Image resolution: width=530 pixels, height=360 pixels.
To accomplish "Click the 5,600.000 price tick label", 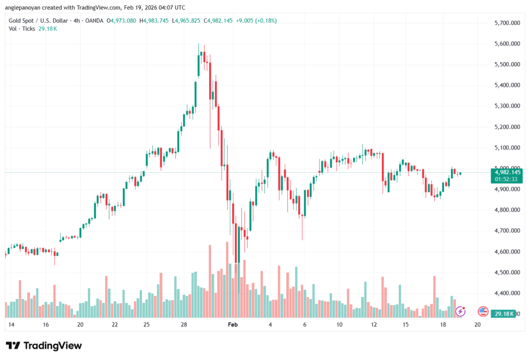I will [x=508, y=43].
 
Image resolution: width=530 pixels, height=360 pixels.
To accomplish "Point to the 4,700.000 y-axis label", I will [x=508, y=231].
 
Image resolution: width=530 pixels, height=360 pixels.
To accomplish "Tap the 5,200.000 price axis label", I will [x=508, y=127].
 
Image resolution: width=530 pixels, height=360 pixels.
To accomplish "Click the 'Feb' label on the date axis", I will [x=232, y=325].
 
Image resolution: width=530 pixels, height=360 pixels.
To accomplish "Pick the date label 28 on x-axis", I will [x=183, y=325].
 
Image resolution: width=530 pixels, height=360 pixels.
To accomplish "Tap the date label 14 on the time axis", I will [x=11, y=325].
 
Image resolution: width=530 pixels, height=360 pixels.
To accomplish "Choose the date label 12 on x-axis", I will [x=372, y=325].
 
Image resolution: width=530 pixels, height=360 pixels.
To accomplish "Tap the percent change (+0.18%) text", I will [x=263, y=21].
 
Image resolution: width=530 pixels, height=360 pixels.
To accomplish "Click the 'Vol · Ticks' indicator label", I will [x=20, y=29].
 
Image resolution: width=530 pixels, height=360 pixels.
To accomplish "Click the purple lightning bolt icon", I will [x=460, y=311].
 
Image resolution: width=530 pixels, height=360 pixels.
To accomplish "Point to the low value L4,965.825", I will [x=187, y=21].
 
